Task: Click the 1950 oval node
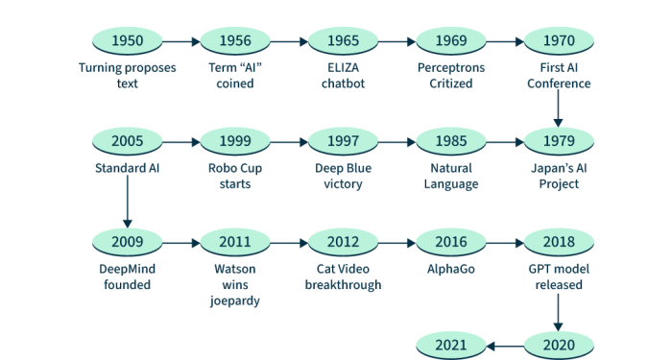[x=128, y=41]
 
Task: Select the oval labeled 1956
[x=235, y=41]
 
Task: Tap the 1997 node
[x=343, y=142]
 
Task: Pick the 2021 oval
[x=450, y=344]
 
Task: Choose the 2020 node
[x=558, y=344]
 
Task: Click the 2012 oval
[x=343, y=243]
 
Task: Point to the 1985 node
[x=450, y=142]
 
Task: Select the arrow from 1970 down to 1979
[x=558, y=109]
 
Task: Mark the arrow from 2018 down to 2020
[x=558, y=309]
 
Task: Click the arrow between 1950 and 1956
[x=181, y=41]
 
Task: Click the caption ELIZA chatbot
[x=343, y=76]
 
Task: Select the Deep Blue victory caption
[x=343, y=177]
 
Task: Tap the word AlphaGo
[x=450, y=270]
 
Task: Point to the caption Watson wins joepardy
[x=235, y=285]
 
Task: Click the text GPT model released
[x=558, y=277]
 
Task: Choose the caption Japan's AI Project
[x=558, y=177]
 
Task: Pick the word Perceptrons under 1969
[x=450, y=68]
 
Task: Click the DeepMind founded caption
[x=128, y=277]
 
